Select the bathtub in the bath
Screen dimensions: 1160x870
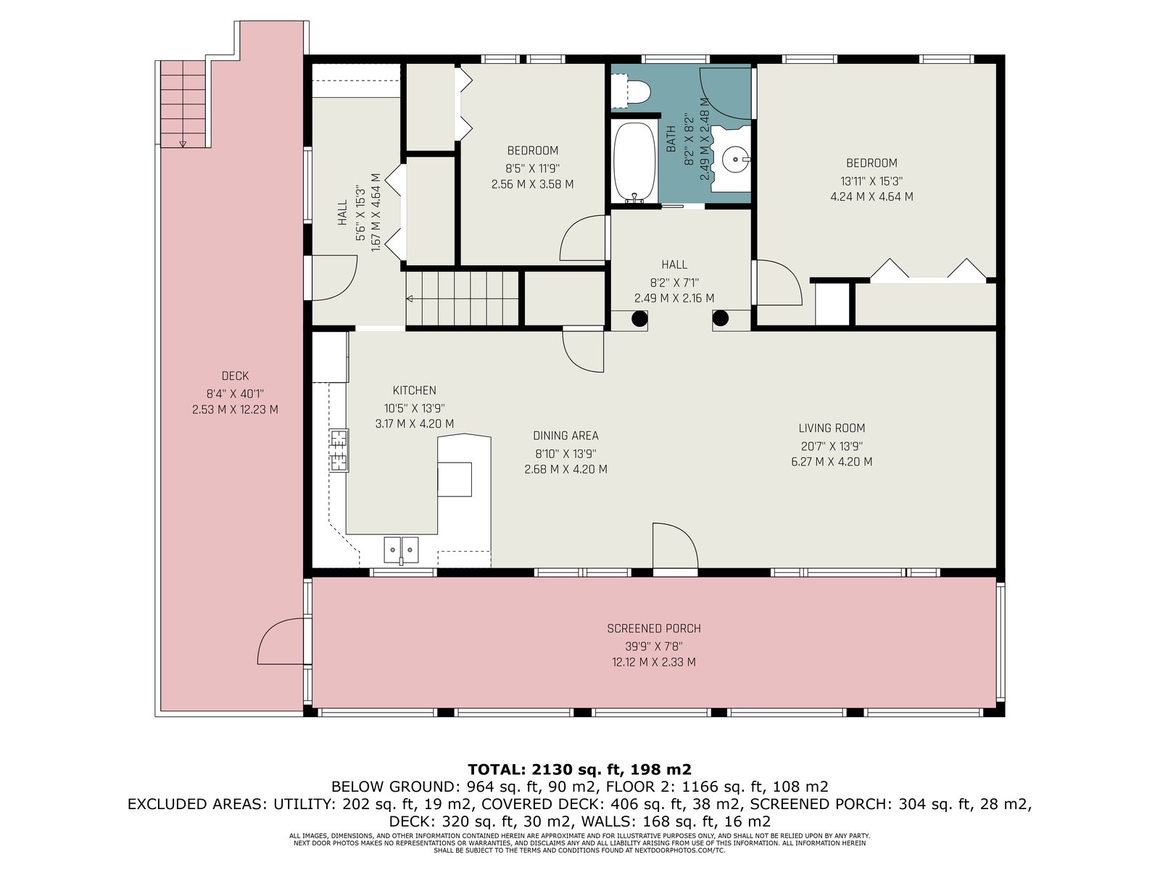[634, 162]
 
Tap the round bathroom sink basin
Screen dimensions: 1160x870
[736, 158]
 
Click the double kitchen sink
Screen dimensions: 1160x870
[401, 550]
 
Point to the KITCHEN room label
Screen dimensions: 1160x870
[414, 390]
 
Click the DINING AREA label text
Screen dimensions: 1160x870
[565, 436]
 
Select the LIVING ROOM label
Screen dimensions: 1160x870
[832, 428]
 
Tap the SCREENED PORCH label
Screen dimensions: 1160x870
[654, 629]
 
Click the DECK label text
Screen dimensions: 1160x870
[235, 376]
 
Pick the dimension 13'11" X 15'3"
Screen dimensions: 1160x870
[871, 181]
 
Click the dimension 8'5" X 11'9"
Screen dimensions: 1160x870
[532, 168]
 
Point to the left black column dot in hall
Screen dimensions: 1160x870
[640, 318]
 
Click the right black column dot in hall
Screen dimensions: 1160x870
[721, 318]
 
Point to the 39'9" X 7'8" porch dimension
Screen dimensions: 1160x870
[654, 646]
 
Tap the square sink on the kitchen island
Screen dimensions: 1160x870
[455, 479]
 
